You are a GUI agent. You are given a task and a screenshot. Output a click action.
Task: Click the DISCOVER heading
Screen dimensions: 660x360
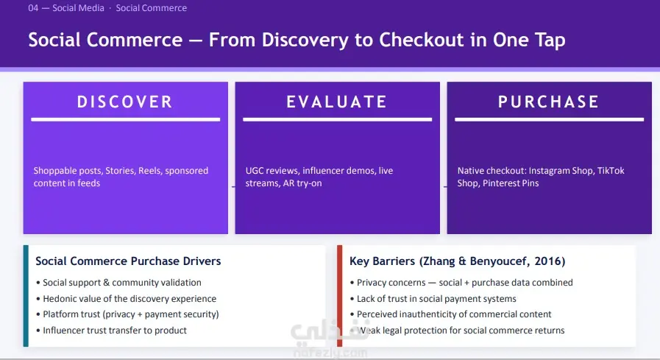125,102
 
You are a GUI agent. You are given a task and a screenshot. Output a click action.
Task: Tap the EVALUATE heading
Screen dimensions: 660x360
337,102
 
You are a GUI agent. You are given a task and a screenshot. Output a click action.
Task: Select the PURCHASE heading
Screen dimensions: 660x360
549,102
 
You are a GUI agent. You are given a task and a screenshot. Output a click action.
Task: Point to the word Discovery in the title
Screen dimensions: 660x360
305,40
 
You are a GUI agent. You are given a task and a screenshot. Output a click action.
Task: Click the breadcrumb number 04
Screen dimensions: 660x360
33,8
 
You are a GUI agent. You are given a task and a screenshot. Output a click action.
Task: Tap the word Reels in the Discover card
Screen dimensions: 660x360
149,171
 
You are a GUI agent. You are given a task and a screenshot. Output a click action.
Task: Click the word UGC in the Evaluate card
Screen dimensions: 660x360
255,171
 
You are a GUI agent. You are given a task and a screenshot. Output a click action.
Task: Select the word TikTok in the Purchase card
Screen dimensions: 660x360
611,171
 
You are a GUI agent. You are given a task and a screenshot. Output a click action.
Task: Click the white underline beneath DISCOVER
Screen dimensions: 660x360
125,119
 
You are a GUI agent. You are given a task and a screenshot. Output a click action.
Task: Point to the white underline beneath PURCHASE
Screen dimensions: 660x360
550,119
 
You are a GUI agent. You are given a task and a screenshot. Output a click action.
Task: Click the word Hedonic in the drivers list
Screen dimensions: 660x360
59,298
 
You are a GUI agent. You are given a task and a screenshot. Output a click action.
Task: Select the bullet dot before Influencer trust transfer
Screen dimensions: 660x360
38,331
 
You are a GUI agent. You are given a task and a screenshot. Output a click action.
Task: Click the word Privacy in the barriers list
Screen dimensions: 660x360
370,283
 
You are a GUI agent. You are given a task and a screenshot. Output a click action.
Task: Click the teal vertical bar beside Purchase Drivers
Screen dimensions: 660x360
26,295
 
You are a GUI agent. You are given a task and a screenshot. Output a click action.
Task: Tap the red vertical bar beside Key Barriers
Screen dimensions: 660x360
340,295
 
